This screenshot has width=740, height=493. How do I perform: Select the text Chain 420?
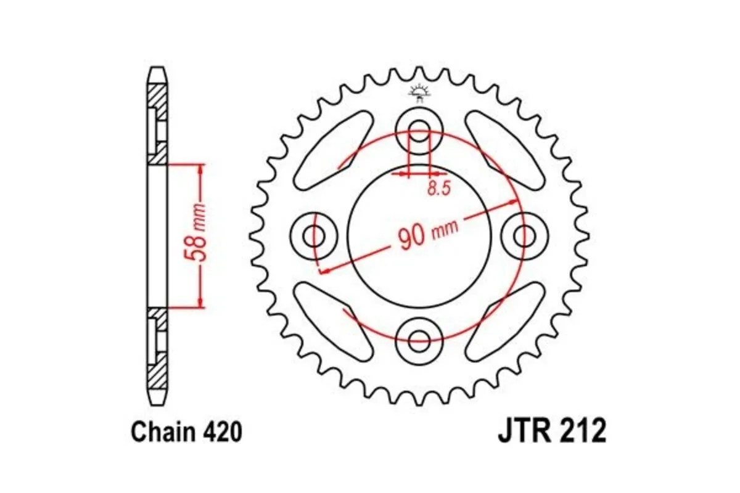[x=186, y=433]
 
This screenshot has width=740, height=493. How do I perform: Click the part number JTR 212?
[x=552, y=431]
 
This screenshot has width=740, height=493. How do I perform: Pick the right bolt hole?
[x=525, y=234]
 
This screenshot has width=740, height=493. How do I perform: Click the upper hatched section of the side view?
[x=158, y=99]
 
